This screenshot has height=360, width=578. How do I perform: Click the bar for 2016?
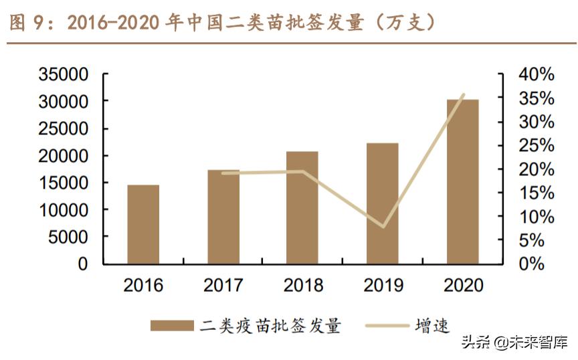(143, 224)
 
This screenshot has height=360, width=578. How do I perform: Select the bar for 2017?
(223, 217)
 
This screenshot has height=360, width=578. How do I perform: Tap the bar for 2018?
(302, 207)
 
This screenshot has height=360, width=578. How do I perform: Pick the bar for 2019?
(382, 203)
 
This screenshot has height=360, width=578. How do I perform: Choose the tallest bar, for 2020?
(462, 181)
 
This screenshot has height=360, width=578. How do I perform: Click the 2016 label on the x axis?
(143, 285)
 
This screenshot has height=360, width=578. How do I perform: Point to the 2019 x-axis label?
(383, 285)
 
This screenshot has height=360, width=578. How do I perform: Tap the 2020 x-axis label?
(462, 285)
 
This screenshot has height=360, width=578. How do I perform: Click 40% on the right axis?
(536, 74)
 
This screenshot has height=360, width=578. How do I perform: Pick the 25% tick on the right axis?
(536, 145)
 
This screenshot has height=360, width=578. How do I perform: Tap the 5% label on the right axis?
(541, 240)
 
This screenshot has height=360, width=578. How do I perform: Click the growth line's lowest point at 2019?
(383, 226)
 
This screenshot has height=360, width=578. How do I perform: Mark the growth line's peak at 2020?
(462, 95)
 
